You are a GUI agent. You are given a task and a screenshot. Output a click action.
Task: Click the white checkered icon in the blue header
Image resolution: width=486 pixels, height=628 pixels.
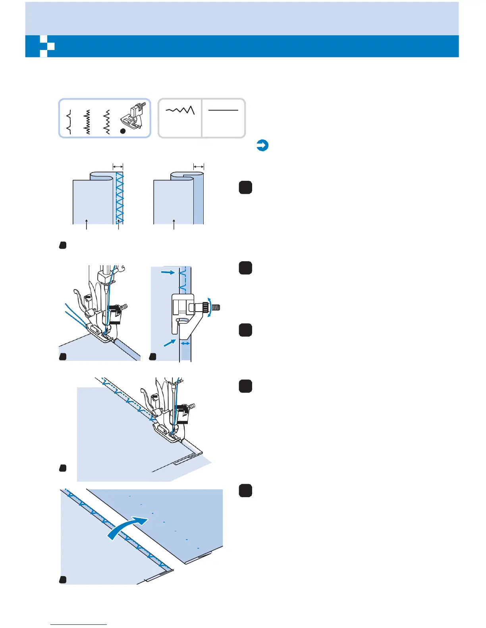[47, 46]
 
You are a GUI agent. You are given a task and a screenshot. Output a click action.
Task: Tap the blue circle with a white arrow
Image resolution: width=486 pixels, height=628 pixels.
[262, 146]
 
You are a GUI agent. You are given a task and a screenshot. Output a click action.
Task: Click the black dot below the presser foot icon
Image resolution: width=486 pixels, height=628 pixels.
[123, 131]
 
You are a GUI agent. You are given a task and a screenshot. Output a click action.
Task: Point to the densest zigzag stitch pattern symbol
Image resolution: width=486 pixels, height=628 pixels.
[88, 122]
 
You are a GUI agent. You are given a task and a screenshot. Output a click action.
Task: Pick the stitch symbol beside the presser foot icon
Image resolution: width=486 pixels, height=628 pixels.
[106, 122]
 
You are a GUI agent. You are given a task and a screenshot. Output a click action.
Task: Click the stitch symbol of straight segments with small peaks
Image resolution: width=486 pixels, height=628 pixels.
[69, 122]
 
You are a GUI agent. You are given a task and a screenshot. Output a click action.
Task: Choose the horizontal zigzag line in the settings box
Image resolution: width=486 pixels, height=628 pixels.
[180, 110]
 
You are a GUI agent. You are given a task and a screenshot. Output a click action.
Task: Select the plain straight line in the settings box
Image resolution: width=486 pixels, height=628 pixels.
[223, 110]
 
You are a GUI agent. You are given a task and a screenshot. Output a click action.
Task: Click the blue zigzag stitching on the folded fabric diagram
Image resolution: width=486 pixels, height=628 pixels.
[119, 197]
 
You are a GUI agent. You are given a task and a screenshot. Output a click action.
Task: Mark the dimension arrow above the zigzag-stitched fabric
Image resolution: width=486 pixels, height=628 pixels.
[118, 166]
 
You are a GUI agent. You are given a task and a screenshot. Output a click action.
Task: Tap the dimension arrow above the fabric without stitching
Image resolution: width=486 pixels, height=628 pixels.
[199, 167]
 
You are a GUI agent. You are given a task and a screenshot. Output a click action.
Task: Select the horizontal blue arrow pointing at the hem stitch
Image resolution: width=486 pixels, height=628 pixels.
[168, 272]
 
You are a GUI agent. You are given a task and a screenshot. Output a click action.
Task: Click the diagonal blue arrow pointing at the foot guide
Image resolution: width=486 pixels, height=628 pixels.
[170, 343]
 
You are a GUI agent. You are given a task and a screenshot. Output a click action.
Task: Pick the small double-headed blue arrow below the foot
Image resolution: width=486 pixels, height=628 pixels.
[185, 344]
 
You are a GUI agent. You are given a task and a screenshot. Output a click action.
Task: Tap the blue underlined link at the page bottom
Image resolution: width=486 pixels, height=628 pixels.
[79, 624]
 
